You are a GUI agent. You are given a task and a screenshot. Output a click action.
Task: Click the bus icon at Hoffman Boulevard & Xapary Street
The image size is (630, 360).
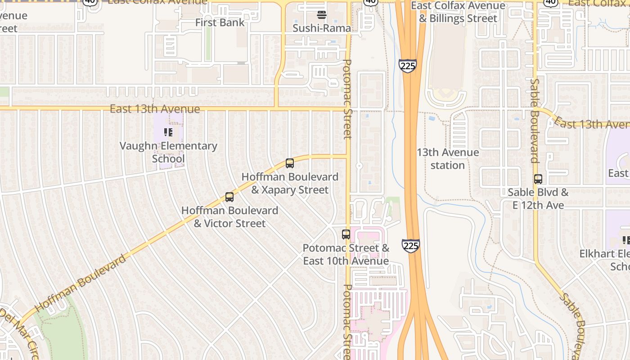tap(290, 163)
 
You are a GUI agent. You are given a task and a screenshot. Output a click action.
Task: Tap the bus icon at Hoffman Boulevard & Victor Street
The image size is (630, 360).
tap(229, 197)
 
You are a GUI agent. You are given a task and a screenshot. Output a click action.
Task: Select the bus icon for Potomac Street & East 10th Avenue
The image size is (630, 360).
tap(346, 234)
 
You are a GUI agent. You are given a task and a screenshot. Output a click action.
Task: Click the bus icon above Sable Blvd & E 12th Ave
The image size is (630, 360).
tap(538, 179)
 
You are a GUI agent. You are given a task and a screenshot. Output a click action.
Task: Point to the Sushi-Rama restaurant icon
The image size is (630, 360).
tap(321, 15)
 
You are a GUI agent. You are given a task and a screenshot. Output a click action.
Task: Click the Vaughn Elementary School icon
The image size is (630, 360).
tap(168, 132)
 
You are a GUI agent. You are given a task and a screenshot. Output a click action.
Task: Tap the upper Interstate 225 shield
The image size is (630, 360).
tap(407, 66)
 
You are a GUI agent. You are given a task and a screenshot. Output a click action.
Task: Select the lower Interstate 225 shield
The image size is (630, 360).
tap(411, 246)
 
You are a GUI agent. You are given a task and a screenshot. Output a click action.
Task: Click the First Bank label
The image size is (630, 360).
tap(220, 22)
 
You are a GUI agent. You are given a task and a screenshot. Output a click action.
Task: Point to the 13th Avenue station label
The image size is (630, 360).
tap(447, 159)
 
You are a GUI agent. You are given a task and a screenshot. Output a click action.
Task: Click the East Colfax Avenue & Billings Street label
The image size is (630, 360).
tap(458, 12)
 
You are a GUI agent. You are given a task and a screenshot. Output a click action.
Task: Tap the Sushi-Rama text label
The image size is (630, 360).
tap(322, 28)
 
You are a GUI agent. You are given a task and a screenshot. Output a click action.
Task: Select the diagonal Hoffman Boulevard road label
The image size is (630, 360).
tap(81, 283)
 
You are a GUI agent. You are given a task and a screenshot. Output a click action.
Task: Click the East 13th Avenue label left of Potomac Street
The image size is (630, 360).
tap(155, 109)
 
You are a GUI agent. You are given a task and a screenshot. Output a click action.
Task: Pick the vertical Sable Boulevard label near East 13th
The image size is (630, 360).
tap(534, 121)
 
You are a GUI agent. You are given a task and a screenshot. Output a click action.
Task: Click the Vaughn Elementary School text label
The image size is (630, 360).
tap(168, 152)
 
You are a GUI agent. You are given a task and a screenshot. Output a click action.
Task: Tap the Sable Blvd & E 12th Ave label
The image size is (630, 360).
tap(538, 198)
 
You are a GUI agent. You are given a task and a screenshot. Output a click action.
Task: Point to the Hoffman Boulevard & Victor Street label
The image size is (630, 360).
tap(229, 216)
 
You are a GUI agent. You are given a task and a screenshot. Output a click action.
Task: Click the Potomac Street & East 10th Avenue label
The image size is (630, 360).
tap(346, 254)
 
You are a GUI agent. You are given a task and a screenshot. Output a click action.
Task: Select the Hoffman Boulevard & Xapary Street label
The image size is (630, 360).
tap(290, 183)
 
